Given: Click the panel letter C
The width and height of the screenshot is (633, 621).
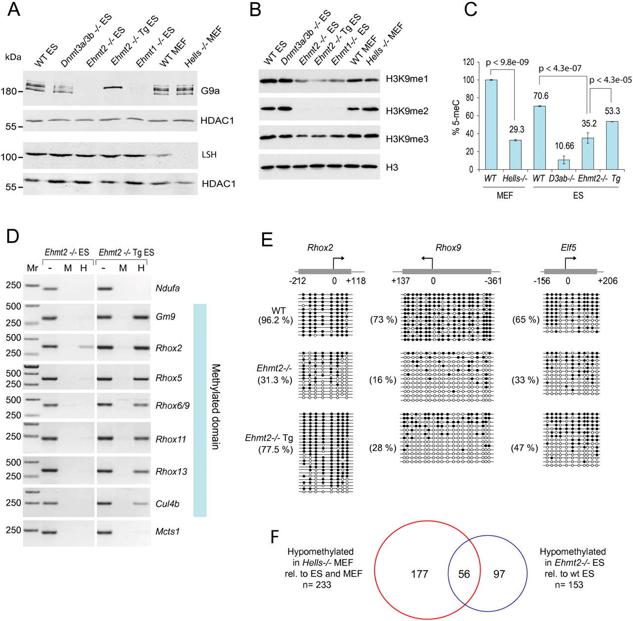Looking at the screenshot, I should coord(470,9).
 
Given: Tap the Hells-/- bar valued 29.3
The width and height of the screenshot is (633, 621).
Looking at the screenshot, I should coord(515,155).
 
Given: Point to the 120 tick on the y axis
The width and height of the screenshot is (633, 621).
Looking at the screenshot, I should coord(468,62).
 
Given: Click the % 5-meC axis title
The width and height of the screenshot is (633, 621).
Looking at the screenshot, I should coord(456,116).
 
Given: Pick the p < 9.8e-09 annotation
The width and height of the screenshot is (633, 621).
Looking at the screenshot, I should coord(507,62).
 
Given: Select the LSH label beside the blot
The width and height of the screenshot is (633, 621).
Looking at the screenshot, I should coord(209,155).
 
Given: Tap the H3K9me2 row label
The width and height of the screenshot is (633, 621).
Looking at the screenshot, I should coord(407,111).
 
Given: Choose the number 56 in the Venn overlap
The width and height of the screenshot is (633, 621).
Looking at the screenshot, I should coord(464,574).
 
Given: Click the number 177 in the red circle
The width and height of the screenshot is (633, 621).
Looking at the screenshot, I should coord(419,574).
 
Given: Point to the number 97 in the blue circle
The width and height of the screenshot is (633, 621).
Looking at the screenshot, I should coord(499,574).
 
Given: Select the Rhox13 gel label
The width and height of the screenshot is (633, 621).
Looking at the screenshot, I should coord(171,471).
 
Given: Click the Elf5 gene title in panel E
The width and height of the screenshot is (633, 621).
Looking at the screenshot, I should coord(569,248).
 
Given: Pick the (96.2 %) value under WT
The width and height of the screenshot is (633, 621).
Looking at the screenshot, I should coord(275,320).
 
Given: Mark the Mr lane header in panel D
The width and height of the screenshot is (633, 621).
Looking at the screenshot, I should coord(32,268).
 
